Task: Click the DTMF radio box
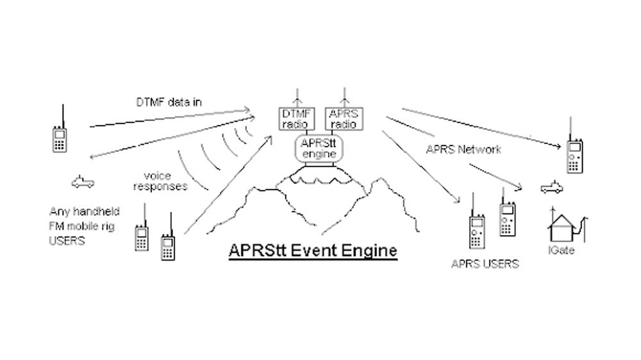click(x=296, y=119)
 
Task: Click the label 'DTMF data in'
click(x=165, y=101)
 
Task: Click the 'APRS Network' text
click(x=463, y=150)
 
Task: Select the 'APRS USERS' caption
click(x=485, y=263)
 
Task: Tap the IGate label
click(x=561, y=250)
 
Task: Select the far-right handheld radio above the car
click(x=574, y=154)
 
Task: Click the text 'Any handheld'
click(x=85, y=211)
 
